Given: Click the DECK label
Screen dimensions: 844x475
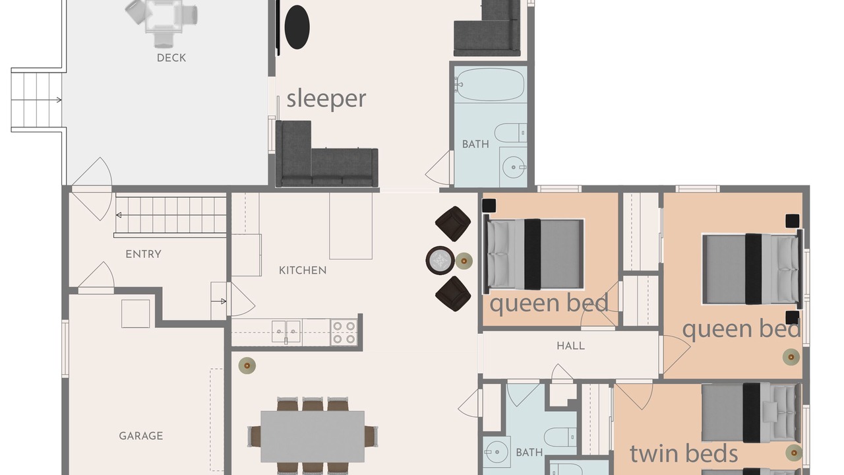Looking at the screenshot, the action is tap(171, 57).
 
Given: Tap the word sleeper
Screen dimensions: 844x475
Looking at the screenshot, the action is tap(326, 99).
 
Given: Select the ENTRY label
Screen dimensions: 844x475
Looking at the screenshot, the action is tap(144, 254).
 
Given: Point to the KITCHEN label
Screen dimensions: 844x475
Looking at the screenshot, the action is tap(303, 270).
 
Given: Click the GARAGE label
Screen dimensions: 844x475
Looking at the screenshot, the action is tap(141, 436).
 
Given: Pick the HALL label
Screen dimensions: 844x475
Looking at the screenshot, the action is tap(571, 346).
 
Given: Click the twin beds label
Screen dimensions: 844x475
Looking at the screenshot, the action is tap(684, 453).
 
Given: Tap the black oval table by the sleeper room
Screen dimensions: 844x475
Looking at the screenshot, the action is tap(297, 27).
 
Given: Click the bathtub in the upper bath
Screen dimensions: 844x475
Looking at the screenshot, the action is tap(489, 84).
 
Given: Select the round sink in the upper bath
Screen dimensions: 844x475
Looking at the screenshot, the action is tap(513, 167).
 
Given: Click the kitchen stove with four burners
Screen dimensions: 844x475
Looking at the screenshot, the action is tap(344, 332).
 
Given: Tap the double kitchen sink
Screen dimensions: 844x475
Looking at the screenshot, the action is tap(286, 331).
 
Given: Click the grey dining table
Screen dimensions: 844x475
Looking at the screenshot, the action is tap(313, 437).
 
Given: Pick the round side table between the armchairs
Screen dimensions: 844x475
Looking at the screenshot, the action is tap(440, 260).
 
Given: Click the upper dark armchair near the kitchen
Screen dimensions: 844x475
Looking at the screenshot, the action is tap(453, 224).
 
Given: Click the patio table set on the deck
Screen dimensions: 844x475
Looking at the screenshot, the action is tap(162, 22).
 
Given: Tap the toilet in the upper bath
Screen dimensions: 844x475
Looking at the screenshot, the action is tap(510, 133).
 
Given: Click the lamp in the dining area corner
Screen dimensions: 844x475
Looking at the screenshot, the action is tap(247, 365).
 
